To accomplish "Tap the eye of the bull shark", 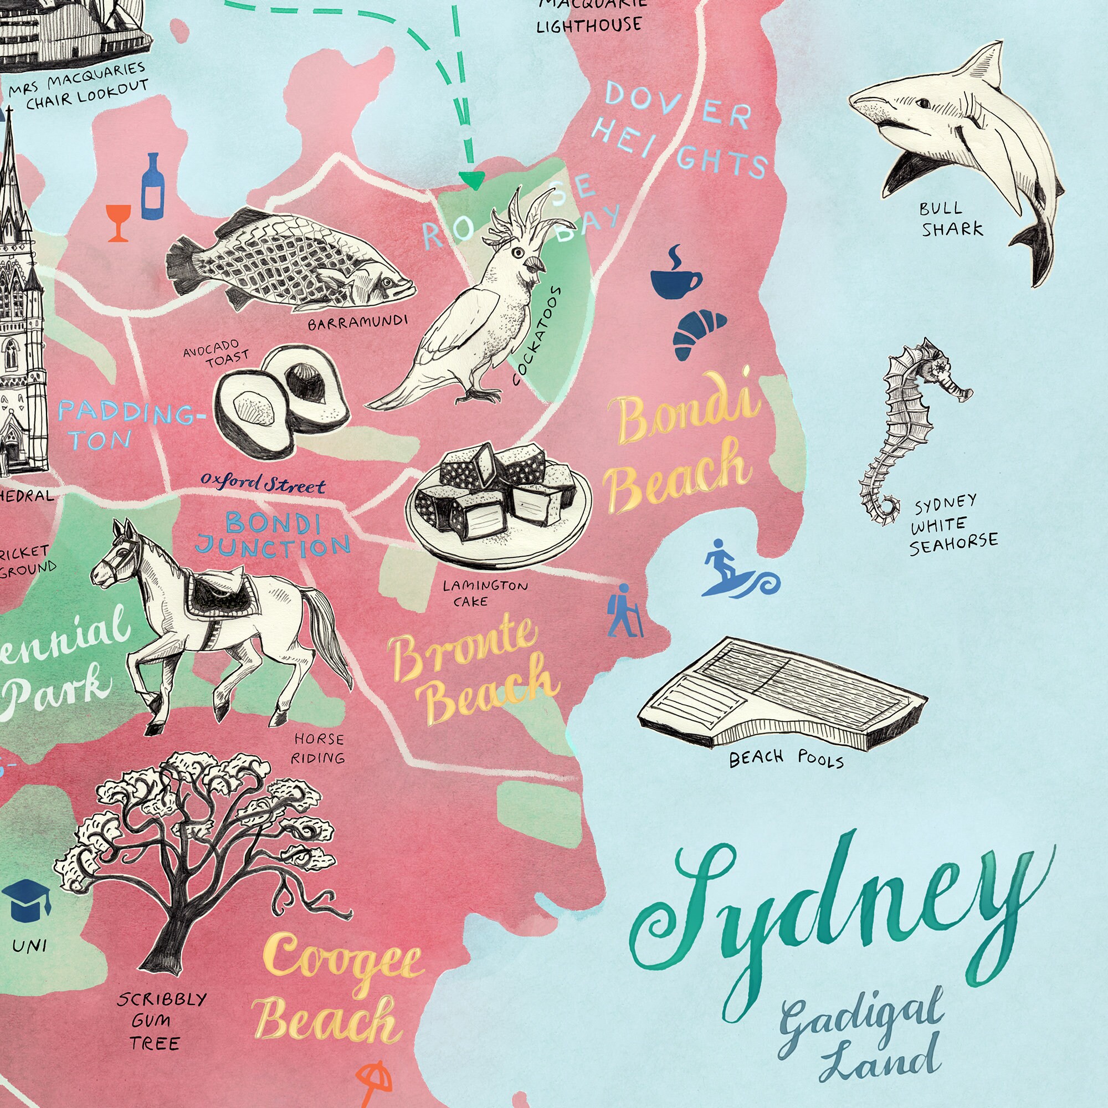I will [924, 104].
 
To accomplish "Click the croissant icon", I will [698, 335].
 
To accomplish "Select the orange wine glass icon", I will [119, 222].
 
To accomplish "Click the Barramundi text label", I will [357, 322].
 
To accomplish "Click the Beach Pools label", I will [786, 760].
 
